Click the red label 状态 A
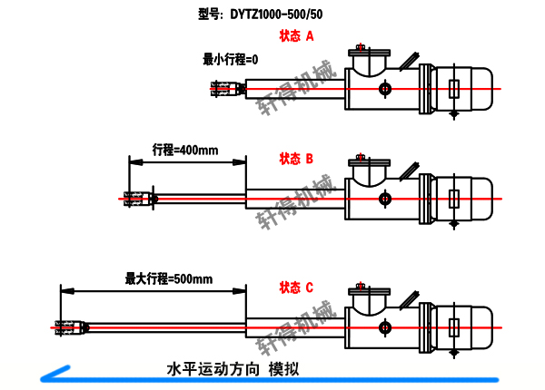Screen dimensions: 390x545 [x=296, y=37]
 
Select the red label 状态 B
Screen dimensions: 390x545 [x=296, y=159]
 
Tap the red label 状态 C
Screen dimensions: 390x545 [x=296, y=288]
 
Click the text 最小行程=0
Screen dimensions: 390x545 [x=231, y=60]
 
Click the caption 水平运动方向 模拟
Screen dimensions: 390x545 [x=233, y=369]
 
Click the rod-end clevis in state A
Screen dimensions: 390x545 [x=222, y=89]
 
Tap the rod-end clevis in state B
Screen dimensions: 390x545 [x=136, y=198]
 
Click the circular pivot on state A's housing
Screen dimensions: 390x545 [x=386, y=88]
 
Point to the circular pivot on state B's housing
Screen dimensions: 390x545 [x=386, y=198]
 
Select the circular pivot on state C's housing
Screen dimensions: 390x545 [x=386, y=326]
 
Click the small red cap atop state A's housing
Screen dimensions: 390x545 [x=361, y=46]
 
